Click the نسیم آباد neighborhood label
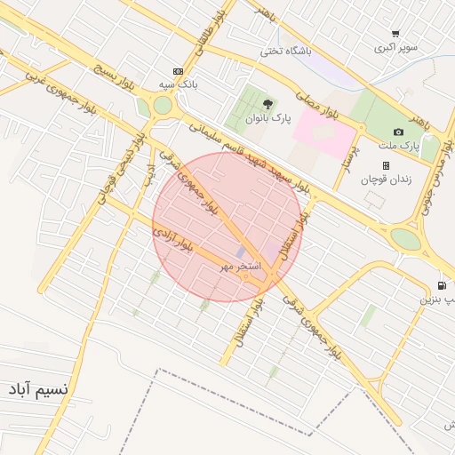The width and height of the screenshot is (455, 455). point(37,389)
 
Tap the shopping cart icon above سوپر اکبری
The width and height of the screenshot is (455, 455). point(395,34)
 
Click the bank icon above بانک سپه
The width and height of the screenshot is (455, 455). point(179,71)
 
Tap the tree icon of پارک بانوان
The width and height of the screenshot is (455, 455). point(268,104)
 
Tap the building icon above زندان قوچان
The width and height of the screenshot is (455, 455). point(386,165)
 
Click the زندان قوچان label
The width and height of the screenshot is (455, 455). point(382,179)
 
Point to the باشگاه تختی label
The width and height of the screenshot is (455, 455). point(286,52)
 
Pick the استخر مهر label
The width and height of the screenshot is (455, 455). point(241,266)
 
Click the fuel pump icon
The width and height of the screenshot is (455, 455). point(441,286)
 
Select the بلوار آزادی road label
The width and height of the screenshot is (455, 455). point(172,240)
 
